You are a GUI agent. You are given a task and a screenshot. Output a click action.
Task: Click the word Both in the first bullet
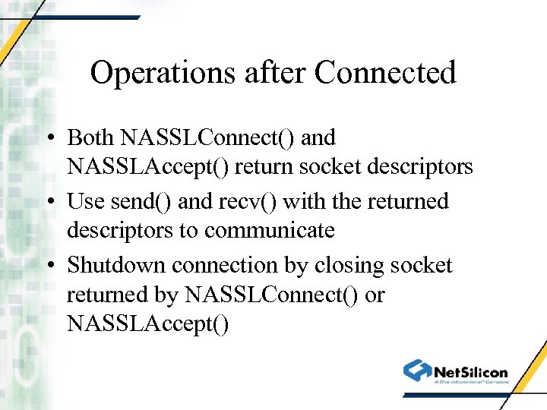pos(90,138)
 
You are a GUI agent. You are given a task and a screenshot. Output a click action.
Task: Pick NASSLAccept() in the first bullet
pos(147,166)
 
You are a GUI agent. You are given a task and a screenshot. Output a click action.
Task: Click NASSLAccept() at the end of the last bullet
pos(147,323)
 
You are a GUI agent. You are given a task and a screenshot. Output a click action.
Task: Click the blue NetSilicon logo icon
pos(418,371)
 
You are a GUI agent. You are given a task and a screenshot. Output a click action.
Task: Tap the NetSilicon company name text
pos(471,372)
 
